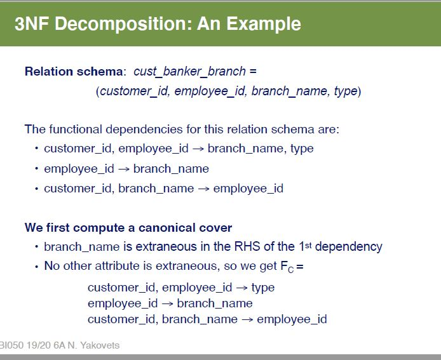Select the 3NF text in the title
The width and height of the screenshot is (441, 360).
point(31,24)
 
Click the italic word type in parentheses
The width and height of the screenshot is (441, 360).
point(346,91)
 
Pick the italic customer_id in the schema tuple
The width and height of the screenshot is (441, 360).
point(133,91)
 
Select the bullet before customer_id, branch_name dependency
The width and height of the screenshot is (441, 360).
point(37,189)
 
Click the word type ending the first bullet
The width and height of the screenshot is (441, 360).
point(302,149)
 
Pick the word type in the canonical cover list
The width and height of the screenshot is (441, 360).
point(263,287)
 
